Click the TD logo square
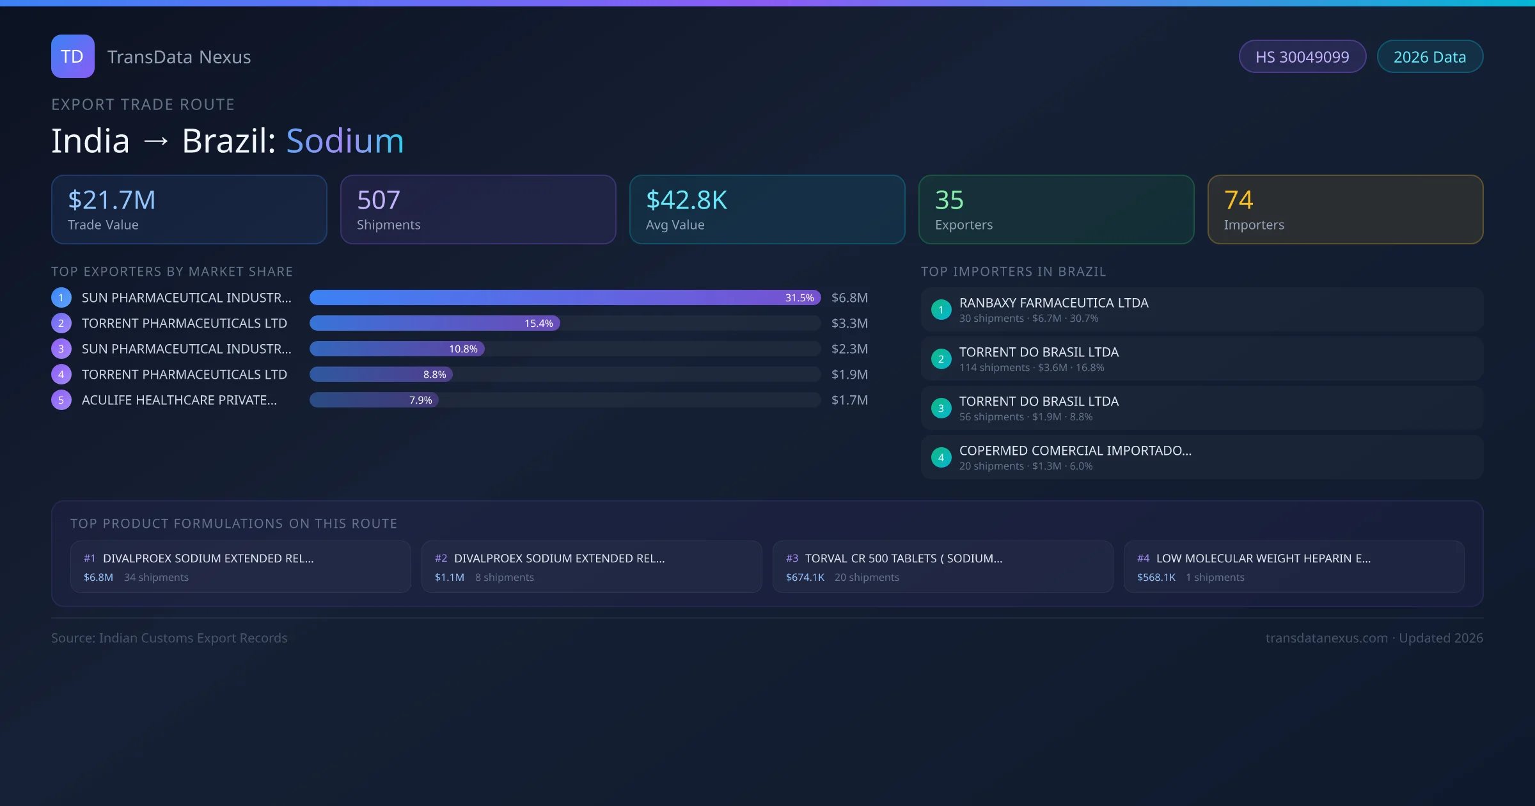(72, 56)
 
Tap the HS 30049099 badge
(1302, 57)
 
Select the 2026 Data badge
(1429, 57)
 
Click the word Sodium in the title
(345, 141)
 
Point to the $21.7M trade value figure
(111, 200)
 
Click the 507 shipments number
(378, 200)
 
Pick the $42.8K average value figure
(686, 200)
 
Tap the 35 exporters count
(949, 200)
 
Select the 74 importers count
(1238, 200)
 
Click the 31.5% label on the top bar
(799, 298)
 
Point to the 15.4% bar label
(539, 324)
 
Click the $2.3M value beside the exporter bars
(849, 349)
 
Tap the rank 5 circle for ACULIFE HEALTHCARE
(61, 400)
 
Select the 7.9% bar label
(420, 400)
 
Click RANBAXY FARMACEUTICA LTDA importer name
(1053, 303)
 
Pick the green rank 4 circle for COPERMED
(941, 458)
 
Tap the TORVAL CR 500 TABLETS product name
(903, 558)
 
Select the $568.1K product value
(1156, 578)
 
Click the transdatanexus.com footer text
(1326, 638)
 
